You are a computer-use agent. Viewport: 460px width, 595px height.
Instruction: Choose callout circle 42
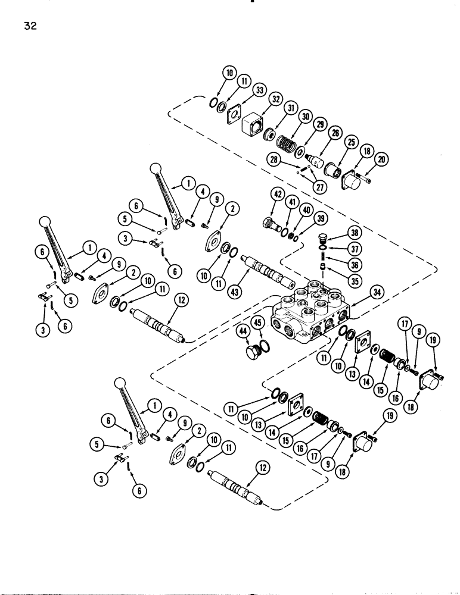click(260, 193)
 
